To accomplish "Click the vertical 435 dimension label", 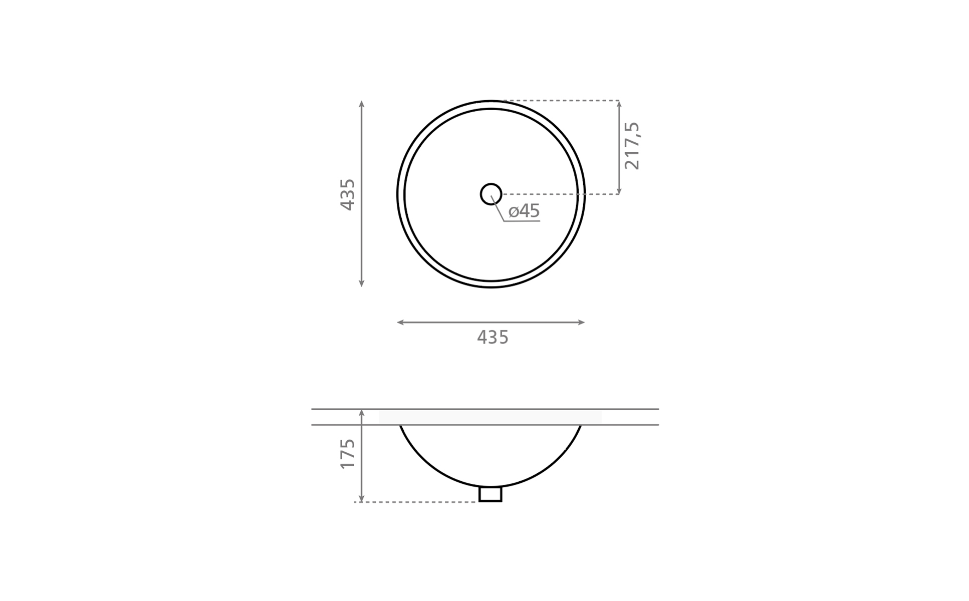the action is (347, 194).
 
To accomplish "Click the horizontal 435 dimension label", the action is (493, 338).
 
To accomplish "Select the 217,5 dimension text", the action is (632, 146).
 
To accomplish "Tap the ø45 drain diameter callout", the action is (524, 211).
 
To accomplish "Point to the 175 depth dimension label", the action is (347, 454).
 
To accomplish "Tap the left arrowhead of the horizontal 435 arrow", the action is (400, 323).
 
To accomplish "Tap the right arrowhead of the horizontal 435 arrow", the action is (582, 323).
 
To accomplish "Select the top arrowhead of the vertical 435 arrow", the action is (361, 104).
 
